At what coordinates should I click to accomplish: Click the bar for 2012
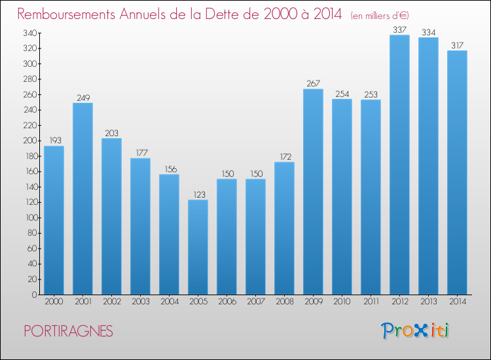(399, 164)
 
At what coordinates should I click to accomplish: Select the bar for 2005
(198, 247)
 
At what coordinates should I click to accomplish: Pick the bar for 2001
(82, 198)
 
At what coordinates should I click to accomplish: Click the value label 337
(399, 29)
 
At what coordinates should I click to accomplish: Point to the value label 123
(198, 194)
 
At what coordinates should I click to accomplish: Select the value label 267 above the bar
(313, 83)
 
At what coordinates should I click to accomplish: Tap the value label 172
(284, 156)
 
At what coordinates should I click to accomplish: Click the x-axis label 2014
(457, 302)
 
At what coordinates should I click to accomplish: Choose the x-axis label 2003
(140, 302)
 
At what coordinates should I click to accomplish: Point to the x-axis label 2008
(284, 302)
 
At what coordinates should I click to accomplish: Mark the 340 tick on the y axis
(29, 33)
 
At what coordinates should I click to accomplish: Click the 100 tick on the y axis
(29, 217)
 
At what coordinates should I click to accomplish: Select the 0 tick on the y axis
(33, 295)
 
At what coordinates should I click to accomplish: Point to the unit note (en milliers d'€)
(380, 15)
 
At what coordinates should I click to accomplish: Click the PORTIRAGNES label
(68, 331)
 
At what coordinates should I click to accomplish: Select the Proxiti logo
(415, 331)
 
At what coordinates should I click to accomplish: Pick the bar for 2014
(457, 172)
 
